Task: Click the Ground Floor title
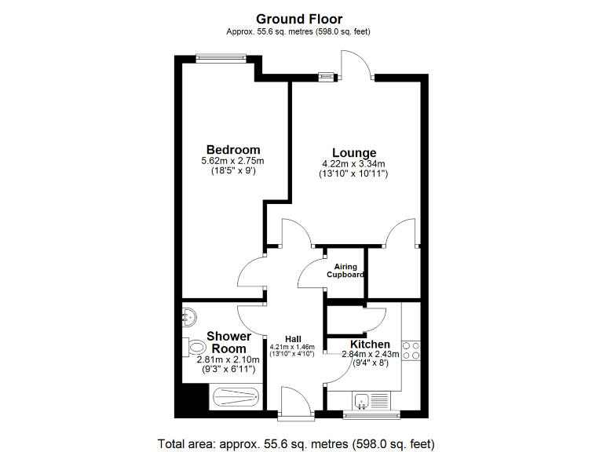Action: pos(299,18)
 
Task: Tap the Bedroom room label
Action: pos(233,150)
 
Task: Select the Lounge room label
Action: pos(354,153)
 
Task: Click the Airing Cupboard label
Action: pos(345,271)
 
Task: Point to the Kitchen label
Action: pos(370,344)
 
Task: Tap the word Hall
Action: pos(293,339)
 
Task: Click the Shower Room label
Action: pos(229,343)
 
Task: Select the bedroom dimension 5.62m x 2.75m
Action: pos(233,161)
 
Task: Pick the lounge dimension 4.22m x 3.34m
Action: pos(354,164)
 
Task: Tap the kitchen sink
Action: pos(362,403)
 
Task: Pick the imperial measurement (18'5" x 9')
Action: pos(233,171)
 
